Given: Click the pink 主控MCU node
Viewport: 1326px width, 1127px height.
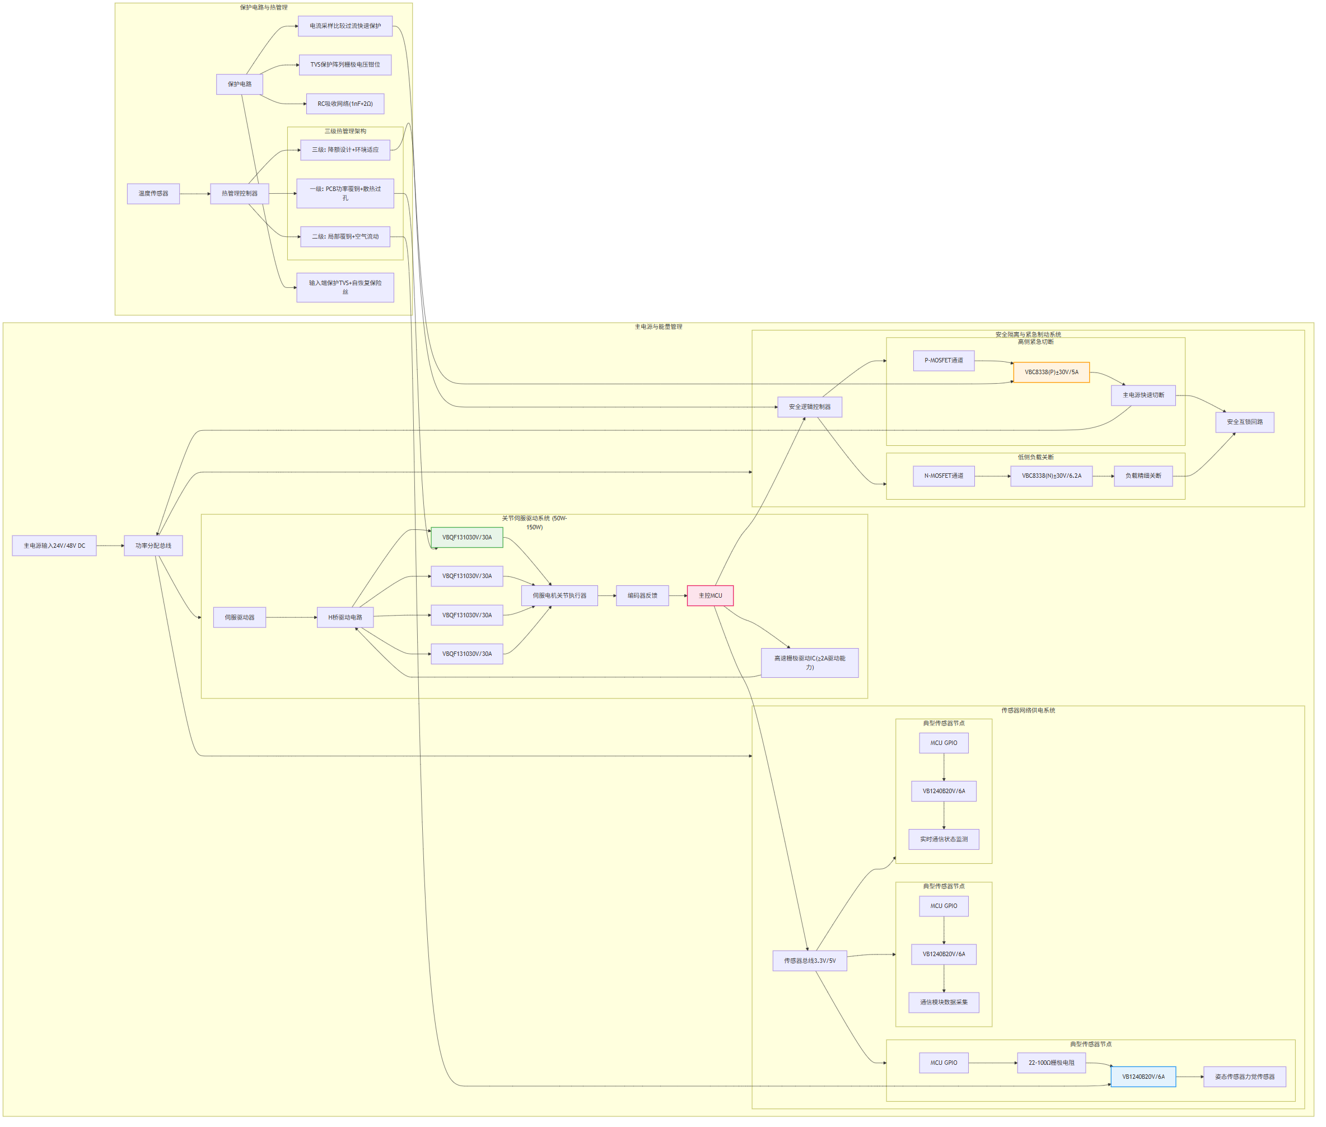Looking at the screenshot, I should click(x=709, y=595).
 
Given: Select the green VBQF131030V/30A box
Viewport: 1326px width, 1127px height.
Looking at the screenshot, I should click(x=466, y=537).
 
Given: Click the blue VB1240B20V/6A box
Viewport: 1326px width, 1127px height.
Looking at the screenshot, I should click(x=1143, y=1077).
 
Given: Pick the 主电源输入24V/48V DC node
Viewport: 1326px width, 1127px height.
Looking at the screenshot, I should click(x=54, y=546).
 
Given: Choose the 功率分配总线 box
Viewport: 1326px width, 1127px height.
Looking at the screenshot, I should click(x=153, y=546).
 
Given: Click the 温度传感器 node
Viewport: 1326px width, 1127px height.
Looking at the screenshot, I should click(x=153, y=194).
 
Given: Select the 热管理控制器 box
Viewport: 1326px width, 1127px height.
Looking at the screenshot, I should click(x=240, y=194).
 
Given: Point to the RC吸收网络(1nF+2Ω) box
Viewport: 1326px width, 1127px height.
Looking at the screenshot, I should click(x=345, y=104).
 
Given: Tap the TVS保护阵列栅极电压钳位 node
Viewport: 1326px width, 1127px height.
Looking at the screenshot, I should click(x=345, y=64).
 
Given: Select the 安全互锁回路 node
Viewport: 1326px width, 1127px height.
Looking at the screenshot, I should click(x=1244, y=422).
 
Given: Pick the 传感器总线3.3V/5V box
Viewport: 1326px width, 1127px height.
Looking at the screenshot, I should click(x=809, y=960).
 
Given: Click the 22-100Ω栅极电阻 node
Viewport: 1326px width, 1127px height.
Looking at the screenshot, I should click(x=1050, y=1063).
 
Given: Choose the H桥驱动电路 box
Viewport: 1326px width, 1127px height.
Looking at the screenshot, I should click(x=345, y=617).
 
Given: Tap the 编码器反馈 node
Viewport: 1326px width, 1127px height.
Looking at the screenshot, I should click(x=642, y=595).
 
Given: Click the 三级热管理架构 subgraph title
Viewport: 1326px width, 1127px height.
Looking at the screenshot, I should click(x=345, y=131).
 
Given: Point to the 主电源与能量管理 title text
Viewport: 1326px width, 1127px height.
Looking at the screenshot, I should click(x=658, y=327).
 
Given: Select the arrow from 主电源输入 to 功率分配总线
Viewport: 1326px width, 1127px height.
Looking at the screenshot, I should click(x=110, y=546).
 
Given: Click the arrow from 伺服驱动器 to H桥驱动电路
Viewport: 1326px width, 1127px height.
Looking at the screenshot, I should click(x=291, y=617).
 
